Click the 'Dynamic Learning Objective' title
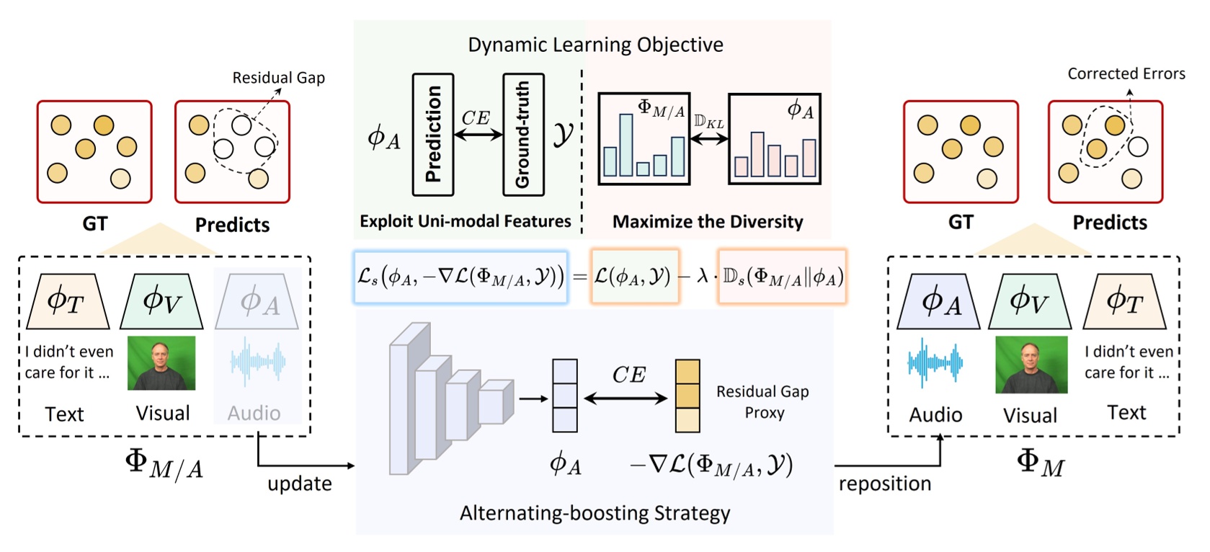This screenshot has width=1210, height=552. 595,45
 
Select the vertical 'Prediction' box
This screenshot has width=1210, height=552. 432,135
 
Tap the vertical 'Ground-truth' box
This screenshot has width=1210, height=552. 523,135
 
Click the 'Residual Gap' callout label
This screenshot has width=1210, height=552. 278,78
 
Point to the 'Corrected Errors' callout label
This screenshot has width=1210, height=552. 1126,74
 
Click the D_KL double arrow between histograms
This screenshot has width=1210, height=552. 709,138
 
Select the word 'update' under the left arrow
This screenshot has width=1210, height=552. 300,484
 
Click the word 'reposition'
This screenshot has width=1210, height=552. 884,484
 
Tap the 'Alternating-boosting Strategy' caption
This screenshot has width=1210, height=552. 595,513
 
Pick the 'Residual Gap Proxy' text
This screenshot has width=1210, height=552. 762,401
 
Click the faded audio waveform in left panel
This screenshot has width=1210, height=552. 257,361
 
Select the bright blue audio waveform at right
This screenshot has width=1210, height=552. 935,362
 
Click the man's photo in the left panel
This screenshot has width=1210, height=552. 161,363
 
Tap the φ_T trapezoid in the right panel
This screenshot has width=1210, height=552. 1124,301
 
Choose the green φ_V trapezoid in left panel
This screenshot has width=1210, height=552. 161,301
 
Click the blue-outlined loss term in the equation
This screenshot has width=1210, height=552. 461,277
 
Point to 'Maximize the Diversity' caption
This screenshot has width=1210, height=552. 707,222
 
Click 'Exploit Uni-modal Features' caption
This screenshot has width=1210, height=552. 465,221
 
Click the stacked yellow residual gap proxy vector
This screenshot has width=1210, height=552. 687,396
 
